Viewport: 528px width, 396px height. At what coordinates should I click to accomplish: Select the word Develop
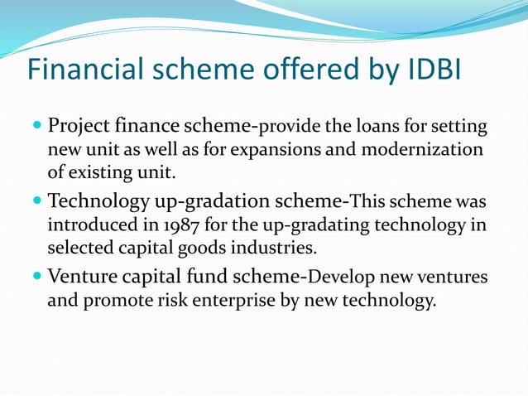342,278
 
